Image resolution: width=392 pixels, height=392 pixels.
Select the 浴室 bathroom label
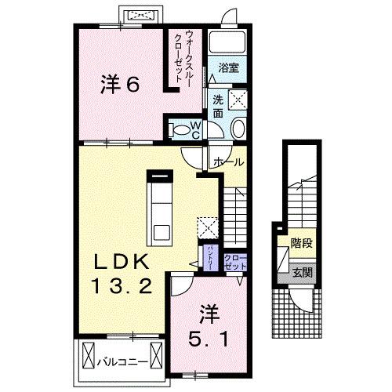click(229, 67)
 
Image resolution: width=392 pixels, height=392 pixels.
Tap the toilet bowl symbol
click(180, 130)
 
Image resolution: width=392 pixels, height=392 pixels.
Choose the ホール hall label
click(227, 162)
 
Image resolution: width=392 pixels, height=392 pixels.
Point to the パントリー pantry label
click(210, 256)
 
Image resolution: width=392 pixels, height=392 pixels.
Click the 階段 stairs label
click(301, 244)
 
